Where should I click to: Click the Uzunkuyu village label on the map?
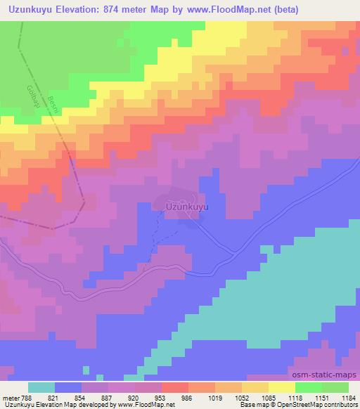point(188,207)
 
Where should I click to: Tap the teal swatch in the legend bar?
point(41,387)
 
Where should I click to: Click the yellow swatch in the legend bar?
point(282,387)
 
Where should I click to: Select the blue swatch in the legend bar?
point(68,387)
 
